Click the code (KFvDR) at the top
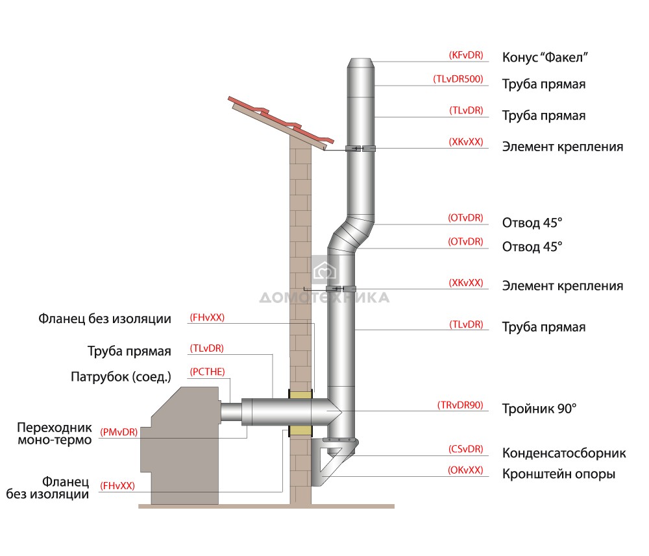pos(465,56)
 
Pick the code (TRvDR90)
pos(459,406)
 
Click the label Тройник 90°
pos(539,409)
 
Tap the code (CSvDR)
pos(465,449)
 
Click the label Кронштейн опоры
pos(558,474)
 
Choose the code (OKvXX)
pos(465,470)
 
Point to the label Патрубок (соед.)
pos(121,377)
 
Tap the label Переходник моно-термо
pos(55,434)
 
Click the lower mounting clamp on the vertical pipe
pos(340,289)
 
